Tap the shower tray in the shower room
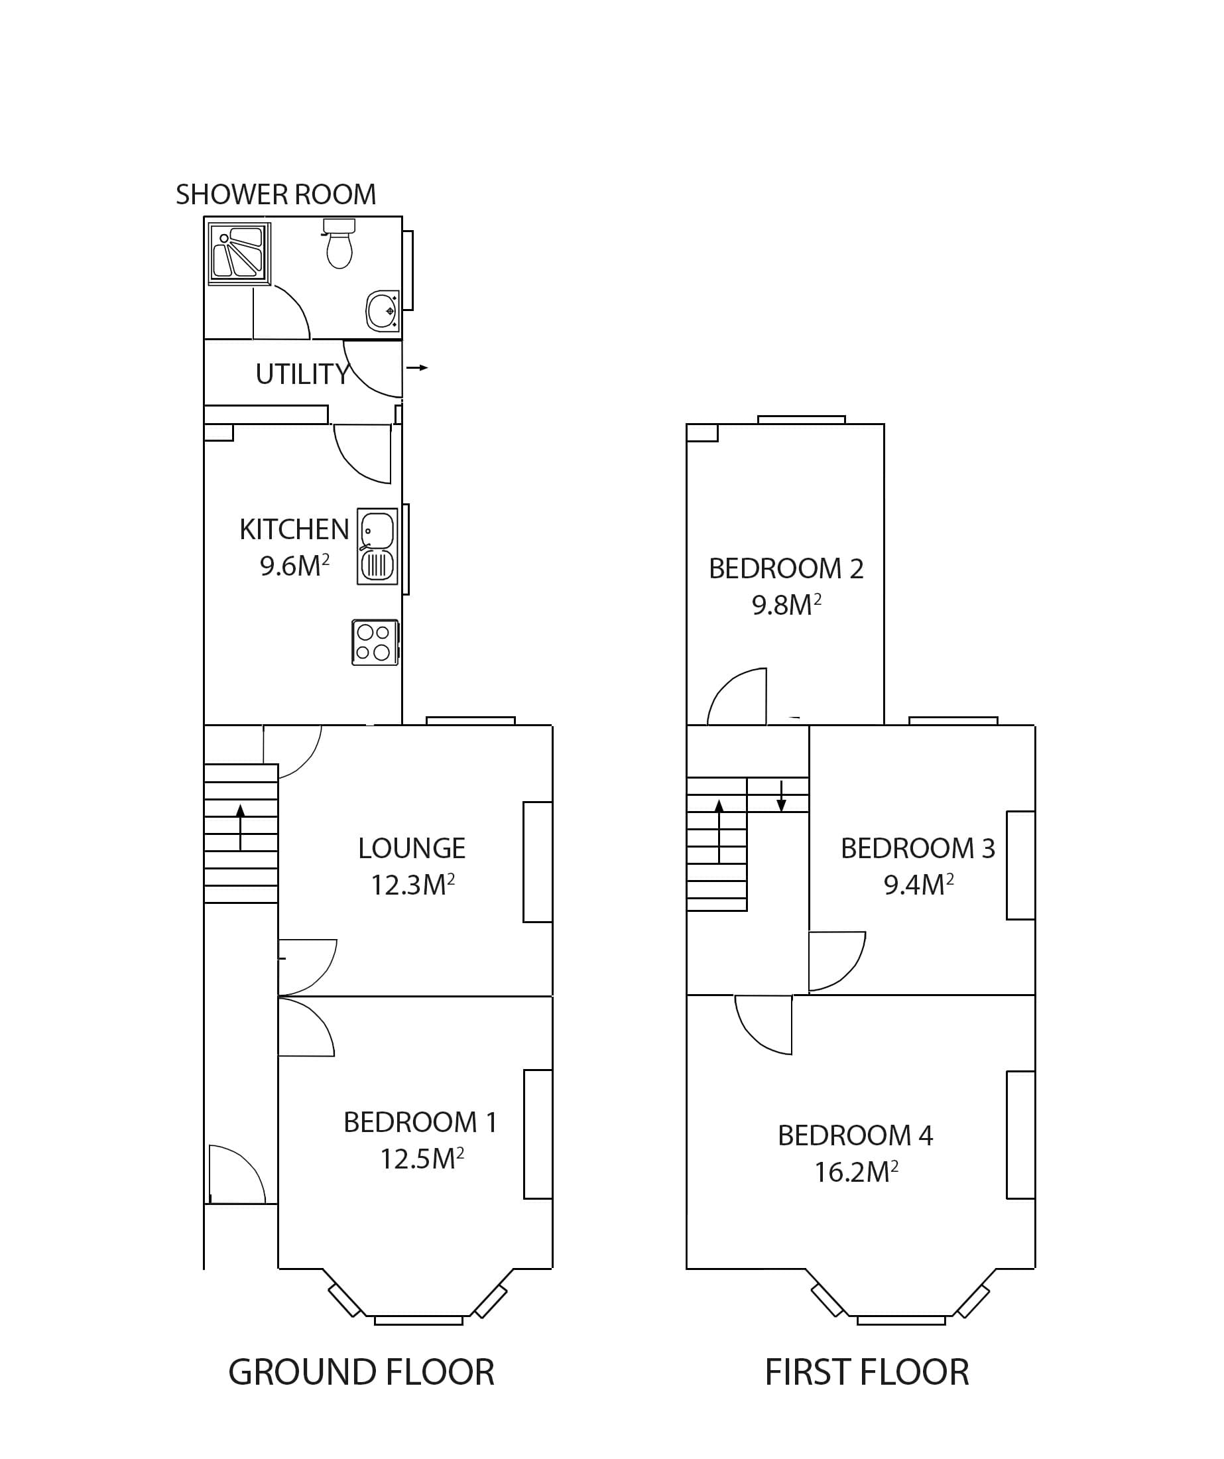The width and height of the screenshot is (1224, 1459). [239, 253]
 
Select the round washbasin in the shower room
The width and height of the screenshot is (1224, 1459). [383, 310]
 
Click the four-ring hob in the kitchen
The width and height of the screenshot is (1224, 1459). [375, 643]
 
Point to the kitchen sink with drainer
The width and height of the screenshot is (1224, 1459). [377, 546]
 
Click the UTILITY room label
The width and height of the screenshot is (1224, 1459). [302, 375]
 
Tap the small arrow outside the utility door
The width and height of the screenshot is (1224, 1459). [417, 367]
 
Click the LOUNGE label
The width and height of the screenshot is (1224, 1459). [411, 848]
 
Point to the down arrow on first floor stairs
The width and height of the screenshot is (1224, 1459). [781, 796]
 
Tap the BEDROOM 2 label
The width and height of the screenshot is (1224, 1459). [786, 569]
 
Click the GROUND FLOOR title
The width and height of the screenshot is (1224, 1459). [361, 1373]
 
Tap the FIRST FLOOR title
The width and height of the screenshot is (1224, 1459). [866, 1373]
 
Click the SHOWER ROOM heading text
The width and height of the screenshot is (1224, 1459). [275, 194]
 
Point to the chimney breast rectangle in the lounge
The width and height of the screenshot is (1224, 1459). [537, 862]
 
